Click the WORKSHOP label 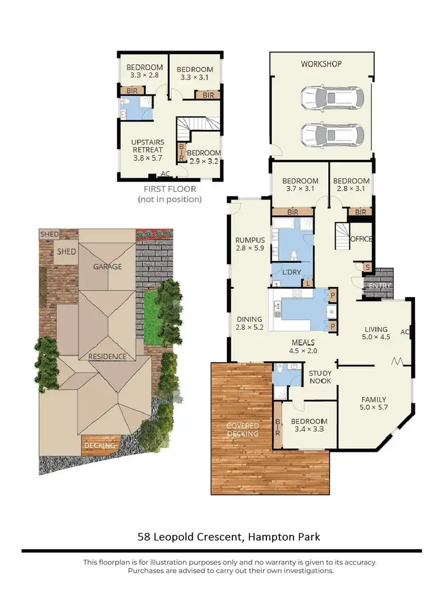(x=321, y=64)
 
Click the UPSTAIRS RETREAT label (x=148, y=146)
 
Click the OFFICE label (x=361, y=239)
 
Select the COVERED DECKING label (x=243, y=429)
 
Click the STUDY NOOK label (x=320, y=377)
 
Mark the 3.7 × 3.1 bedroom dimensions (x=300, y=189)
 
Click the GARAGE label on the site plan (x=107, y=266)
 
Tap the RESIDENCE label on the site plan (x=108, y=356)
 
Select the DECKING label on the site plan (x=100, y=446)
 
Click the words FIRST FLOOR (x=170, y=189)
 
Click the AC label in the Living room (x=405, y=332)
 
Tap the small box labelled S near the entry (x=367, y=268)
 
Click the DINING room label (x=249, y=319)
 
